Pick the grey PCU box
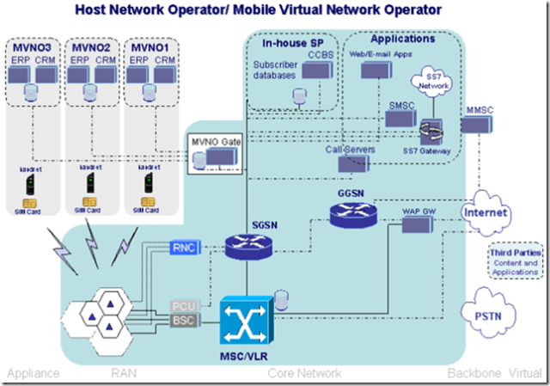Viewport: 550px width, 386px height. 185,306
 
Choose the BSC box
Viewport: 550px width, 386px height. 185,322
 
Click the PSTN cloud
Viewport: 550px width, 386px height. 486,315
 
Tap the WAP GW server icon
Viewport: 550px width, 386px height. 417,225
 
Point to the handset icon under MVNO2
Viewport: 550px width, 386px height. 84,183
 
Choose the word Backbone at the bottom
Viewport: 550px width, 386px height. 472,374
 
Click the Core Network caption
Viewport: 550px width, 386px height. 304,374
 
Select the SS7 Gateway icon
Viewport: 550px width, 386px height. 431,133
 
